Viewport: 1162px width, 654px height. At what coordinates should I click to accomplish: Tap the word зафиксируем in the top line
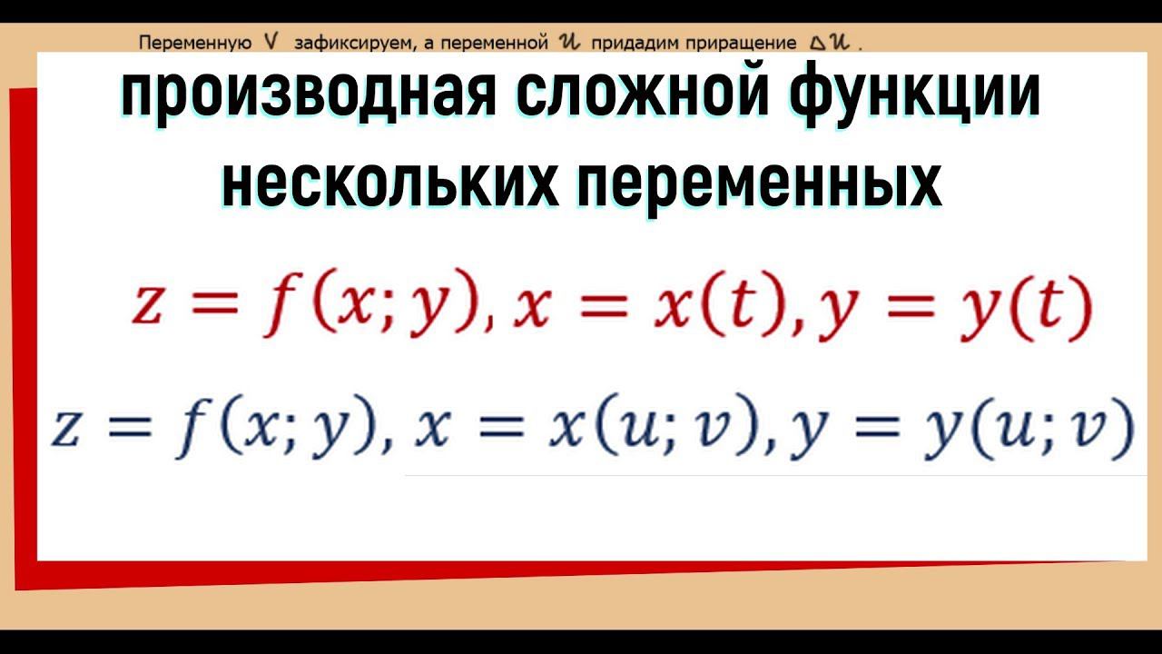pos(343,43)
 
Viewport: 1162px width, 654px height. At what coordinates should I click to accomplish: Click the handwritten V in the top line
pos(270,42)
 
